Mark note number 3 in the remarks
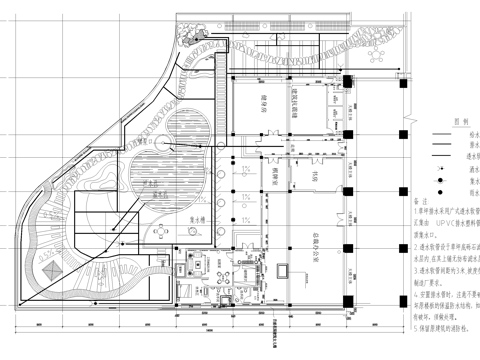412,272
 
